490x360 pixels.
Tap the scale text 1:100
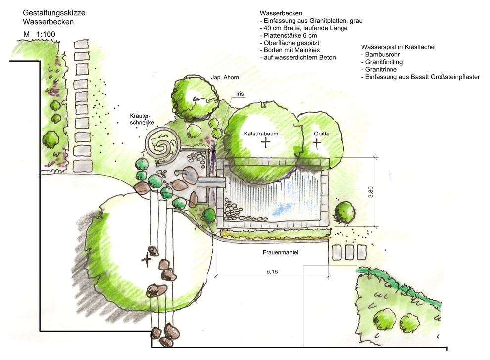point(46,34)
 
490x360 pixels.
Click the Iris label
point(240,94)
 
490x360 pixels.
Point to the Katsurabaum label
point(262,134)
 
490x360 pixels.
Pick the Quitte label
point(321,134)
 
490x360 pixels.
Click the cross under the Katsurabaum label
point(266,143)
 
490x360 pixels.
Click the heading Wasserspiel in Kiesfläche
point(398,47)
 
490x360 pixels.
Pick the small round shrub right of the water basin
point(344,212)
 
